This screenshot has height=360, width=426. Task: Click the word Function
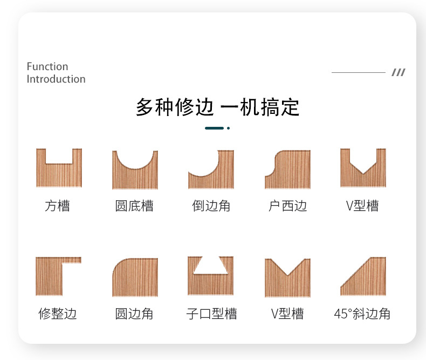pyautogui.click(x=47, y=66)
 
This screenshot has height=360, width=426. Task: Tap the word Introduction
pyautogui.click(x=56, y=79)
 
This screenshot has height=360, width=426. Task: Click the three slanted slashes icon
pyautogui.click(x=398, y=72)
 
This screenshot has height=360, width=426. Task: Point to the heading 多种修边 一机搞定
pyautogui.click(x=217, y=107)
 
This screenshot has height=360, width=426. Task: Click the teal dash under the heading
pyautogui.click(x=215, y=128)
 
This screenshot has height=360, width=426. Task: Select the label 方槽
pyautogui.click(x=57, y=206)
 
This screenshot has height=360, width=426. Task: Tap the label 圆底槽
pyautogui.click(x=134, y=206)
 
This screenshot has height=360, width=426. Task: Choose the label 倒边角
pyautogui.click(x=211, y=206)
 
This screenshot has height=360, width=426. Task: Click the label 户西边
pyautogui.click(x=287, y=206)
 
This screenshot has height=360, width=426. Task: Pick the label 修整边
pyautogui.click(x=57, y=314)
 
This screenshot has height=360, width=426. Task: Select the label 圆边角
pyautogui.click(x=134, y=314)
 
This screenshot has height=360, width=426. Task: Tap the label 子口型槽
pyautogui.click(x=211, y=314)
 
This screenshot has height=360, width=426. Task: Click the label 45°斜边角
pyautogui.click(x=362, y=314)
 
